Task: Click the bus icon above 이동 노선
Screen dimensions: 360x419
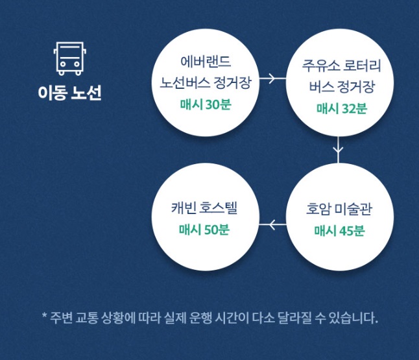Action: coord(69,58)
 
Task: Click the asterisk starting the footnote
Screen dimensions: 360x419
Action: coord(44,317)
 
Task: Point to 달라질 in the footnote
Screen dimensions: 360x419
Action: coord(297,318)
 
